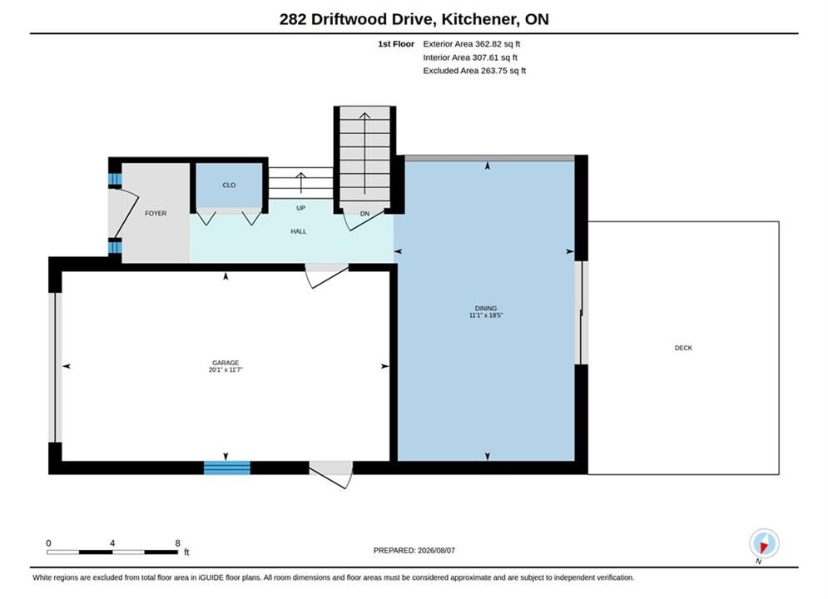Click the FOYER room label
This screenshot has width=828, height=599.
click(x=156, y=213)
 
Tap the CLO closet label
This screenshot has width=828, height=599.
click(x=229, y=185)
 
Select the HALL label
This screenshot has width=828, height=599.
click(x=299, y=231)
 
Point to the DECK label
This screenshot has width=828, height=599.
click(x=683, y=348)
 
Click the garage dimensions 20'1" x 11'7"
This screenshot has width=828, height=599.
click(x=226, y=370)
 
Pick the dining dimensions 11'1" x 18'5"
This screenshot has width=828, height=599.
click(x=486, y=315)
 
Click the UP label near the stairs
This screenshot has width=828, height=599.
click(x=300, y=208)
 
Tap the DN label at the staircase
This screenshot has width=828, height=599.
click(x=364, y=214)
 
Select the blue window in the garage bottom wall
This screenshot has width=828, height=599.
click(x=227, y=468)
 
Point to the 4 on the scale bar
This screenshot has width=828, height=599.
click(x=112, y=542)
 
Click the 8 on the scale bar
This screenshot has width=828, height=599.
click(x=177, y=542)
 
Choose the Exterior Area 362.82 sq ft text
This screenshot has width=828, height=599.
click(x=472, y=44)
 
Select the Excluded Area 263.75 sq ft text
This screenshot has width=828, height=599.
click(x=474, y=70)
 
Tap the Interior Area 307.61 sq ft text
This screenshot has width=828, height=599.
click(x=470, y=57)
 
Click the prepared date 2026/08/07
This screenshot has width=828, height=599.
click(x=436, y=550)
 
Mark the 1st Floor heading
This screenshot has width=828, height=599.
click(x=396, y=44)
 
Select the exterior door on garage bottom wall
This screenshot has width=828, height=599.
click(x=331, y=474)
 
